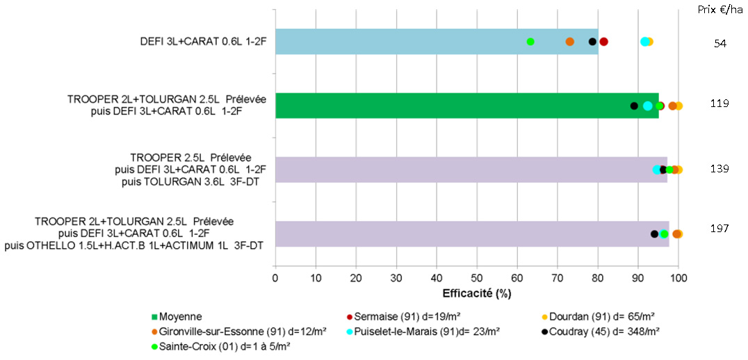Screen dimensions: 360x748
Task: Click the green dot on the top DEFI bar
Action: point(530,42)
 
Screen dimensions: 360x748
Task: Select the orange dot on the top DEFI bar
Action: point(570,42)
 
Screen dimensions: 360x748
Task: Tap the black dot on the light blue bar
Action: point(592,42)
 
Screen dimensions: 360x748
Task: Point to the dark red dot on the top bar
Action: point(604,42)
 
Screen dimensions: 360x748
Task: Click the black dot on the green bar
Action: point(634,106)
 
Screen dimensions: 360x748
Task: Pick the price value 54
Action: point(720,43)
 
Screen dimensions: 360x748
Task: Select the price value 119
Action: point(720,104)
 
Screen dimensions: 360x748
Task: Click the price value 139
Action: point(720,168)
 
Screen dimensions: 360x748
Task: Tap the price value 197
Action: point(720,228)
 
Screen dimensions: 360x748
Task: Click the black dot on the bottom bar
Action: point(654,234)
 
